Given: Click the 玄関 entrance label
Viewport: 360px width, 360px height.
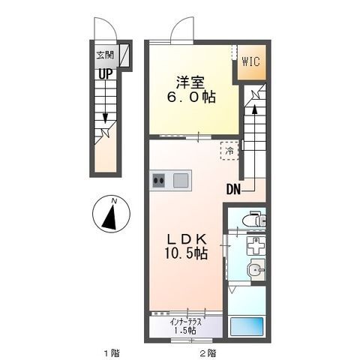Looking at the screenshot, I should [x=104, y=54].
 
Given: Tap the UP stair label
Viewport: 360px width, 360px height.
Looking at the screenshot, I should [x=103, y=73].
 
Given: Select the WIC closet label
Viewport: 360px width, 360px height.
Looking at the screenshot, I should [x=250, y=62].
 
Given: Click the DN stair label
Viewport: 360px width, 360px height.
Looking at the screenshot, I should [x=233, y=190].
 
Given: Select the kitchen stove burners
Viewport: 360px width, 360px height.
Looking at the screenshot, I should [x=159, y=180].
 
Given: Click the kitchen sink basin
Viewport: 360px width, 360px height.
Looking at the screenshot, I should [x=181, y=180].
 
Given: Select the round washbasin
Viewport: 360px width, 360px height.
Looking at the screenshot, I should [x=256, y=270].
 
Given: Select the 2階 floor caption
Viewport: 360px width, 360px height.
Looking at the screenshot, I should [x=207, y=351].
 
